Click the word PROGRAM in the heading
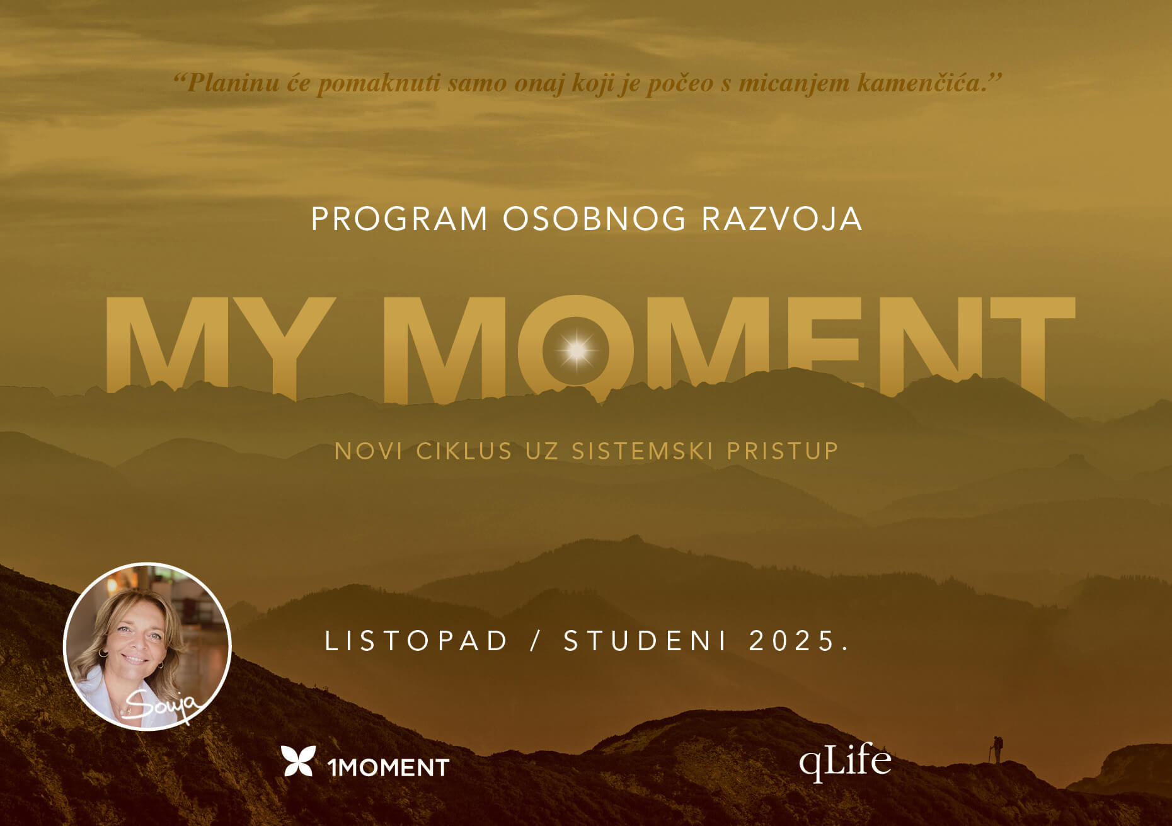399,219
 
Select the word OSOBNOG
594,219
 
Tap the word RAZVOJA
782,219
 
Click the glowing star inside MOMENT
577,348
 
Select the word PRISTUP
783,451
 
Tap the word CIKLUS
464,451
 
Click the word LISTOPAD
416,641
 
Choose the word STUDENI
646,641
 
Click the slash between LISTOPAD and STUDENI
536,641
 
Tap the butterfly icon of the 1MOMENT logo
298,761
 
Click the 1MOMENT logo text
388,767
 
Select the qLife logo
845,762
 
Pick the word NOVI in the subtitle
368,451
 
